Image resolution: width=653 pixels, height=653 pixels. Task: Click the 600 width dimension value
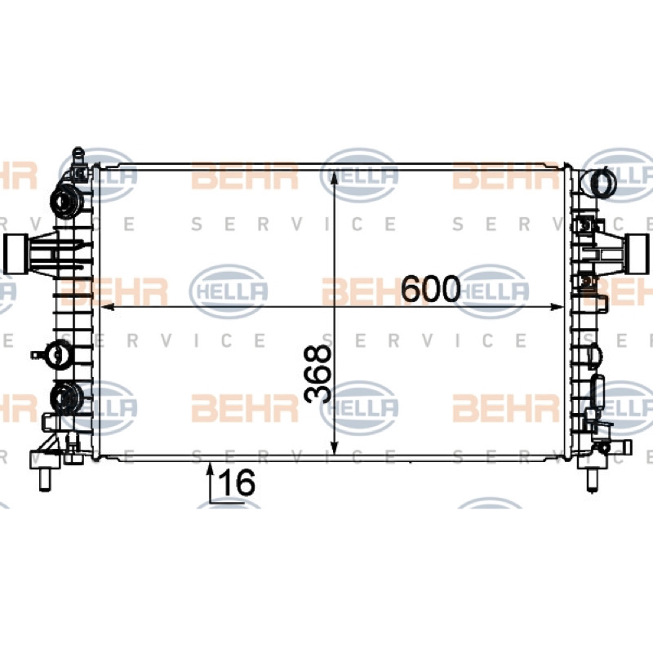point(431,289)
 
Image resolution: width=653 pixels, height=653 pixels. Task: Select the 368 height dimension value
point(318,375)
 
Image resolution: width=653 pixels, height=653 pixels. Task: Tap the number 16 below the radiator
point(237,482)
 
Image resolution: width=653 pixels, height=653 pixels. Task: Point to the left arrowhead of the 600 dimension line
point(108,307)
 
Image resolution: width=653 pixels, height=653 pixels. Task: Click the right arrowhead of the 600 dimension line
point(557,307)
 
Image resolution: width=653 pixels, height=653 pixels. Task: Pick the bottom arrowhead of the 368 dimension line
point(334,447)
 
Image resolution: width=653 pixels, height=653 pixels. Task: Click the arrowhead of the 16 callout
point(211,470)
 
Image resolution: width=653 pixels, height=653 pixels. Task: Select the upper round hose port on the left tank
point(67,201)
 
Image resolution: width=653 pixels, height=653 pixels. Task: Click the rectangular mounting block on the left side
point(16,254)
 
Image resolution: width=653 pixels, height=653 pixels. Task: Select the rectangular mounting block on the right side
point(638,254)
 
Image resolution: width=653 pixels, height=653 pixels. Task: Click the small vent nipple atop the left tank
point(78,156)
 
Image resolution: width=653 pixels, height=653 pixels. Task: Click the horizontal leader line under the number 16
point(227,503)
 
